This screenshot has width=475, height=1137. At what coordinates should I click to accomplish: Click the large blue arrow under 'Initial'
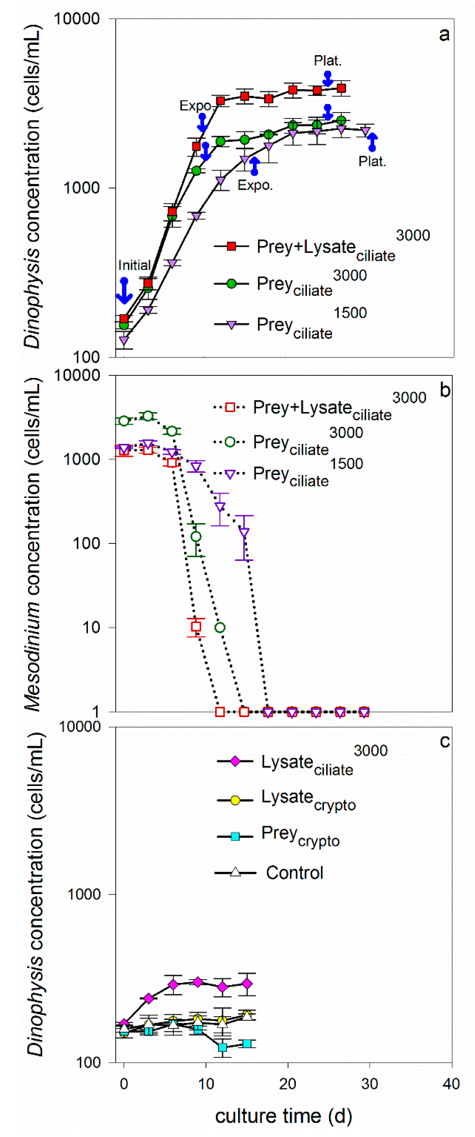124,292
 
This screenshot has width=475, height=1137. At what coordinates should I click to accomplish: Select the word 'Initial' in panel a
134,265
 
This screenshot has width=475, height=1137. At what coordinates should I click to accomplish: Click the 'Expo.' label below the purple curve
255,185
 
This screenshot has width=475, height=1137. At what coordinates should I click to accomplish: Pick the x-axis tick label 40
451,1084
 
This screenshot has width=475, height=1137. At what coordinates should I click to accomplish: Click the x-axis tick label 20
287,1084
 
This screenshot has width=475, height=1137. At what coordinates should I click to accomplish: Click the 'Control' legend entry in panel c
294,873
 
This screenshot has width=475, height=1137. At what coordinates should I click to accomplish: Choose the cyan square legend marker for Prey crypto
235,836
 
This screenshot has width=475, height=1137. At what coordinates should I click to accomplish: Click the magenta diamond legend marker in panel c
235,761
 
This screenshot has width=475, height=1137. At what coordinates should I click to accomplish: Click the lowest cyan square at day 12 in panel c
223,1047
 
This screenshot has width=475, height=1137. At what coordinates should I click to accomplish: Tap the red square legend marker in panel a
231,246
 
